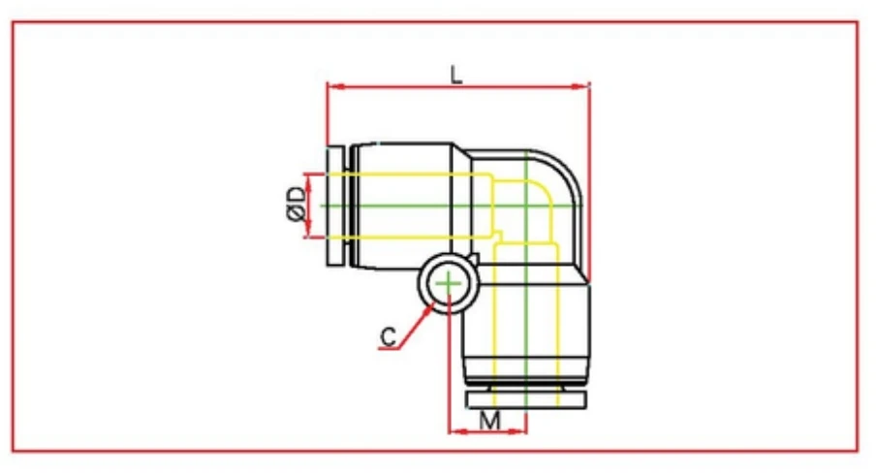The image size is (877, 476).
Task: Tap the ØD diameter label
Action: [298, 205]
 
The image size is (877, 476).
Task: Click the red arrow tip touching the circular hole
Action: [429, 305]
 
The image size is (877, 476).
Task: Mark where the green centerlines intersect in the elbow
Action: [524, 206]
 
